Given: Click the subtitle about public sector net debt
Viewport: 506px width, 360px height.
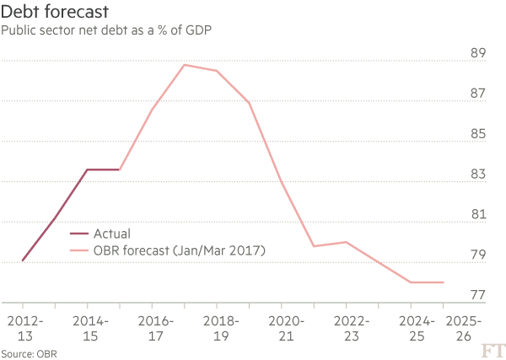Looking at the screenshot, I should pyautogui.click(x=105, y=31).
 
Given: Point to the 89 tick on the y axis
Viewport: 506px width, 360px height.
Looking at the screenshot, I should pyautogui.click(x=477, y=53).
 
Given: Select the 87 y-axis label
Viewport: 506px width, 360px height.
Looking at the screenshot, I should pyautogui.click(x=477, y=94).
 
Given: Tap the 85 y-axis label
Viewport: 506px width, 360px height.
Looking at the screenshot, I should pyautogui.click(x=477, y=134).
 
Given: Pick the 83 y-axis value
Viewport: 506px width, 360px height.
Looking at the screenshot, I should pyautogui.click(x=477, y=175).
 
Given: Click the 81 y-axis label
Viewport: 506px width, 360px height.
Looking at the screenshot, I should pyautogui.click(x=477, y=215).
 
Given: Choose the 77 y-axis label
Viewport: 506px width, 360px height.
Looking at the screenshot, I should pyautogui.click(x=477, y=296).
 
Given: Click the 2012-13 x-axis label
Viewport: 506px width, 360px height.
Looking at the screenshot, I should pyautogui.click(x=23, y=329).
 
